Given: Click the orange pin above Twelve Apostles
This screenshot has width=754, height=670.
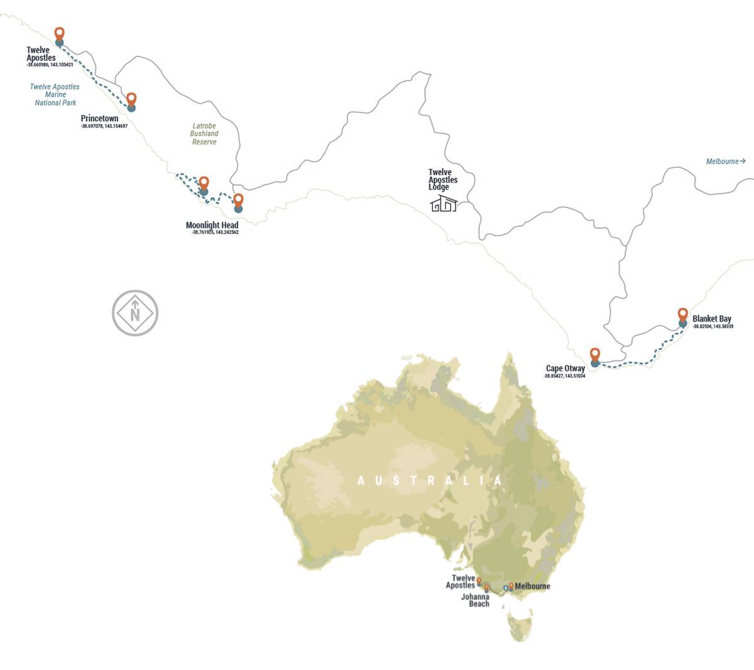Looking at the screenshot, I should pos(59,33).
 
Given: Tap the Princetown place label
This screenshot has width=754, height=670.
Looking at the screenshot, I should pos(99,118).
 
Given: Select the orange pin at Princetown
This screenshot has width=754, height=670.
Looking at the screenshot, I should pos(131,99).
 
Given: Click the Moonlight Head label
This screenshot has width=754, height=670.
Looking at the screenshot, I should pos(212,225).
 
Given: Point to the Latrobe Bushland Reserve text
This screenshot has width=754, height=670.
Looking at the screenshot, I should pos(204,134).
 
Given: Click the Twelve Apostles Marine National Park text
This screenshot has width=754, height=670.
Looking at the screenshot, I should pos(55,95).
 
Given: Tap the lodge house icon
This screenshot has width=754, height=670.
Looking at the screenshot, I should pos(444,203).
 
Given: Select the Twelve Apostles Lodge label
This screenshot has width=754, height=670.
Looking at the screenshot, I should pos(442,179).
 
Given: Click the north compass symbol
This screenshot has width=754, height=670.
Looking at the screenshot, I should pos(135,313).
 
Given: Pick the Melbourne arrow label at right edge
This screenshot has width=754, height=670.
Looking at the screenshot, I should pos(725,161).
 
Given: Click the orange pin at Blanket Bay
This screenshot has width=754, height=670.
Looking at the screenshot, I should pos(682,314).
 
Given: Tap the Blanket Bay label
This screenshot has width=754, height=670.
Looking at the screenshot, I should pos(711,318).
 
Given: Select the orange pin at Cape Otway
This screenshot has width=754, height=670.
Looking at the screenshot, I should pos(594,354).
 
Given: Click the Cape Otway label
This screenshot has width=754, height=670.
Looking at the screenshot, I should pos(565,368).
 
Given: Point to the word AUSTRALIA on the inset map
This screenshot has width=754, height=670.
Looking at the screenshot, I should pos(430,480).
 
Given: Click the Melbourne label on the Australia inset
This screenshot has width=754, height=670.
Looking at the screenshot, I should pos(532,586).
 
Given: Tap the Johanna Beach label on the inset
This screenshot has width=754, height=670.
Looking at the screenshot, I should pos(476,600).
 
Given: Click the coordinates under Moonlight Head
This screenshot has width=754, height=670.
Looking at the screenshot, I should pos(215,232).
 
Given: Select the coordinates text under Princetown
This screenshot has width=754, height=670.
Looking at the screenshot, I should pos(104,126).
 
